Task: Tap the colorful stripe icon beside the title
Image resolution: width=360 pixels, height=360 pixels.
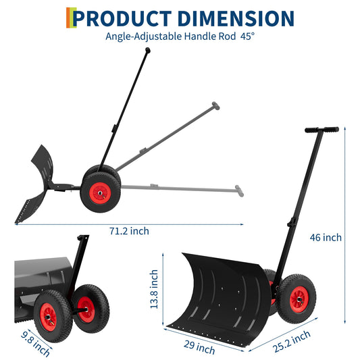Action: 69,18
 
